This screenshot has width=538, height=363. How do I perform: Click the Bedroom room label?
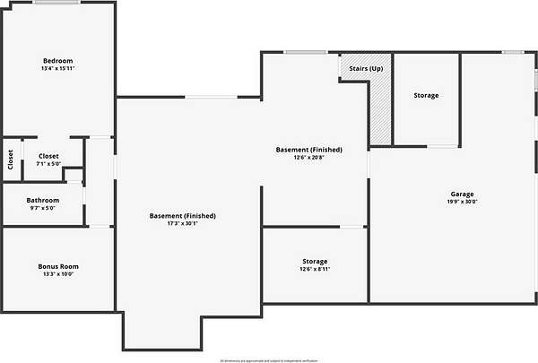coord(57,60)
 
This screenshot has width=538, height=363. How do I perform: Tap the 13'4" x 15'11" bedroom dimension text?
coord(57,69)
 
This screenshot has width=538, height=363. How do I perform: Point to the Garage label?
coord(462,194)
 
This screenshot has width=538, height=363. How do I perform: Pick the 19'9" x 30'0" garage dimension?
coord(462,202)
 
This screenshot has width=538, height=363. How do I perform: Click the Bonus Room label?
coord(58,266)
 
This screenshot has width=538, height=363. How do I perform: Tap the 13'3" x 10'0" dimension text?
coord(58,274)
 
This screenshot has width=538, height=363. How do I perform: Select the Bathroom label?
coord(42,200)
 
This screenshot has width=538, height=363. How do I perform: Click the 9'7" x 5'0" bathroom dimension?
coord(42,208)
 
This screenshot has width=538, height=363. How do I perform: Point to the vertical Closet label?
coord(11,160)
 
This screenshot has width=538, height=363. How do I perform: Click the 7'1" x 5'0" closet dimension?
coord(48,164)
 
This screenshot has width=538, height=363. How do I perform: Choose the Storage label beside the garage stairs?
coord(426,95)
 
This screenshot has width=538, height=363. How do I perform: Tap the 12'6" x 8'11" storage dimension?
coord(314,269)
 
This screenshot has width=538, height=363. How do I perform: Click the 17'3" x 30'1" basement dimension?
coord(183,224)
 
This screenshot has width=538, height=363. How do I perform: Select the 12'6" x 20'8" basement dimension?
coord(308,158)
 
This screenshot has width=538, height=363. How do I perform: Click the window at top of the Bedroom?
coord(58,3)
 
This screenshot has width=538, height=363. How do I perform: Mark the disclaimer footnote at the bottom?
coord(270,359)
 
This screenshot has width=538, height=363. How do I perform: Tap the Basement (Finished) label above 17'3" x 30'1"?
coord(183,216)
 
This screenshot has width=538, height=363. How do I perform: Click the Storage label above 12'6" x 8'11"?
coord(314,261)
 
